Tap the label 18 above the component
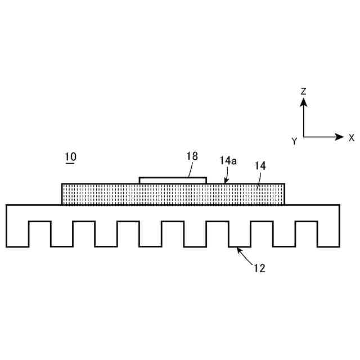click(x=192, y=156)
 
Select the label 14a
click(x=228, y=161)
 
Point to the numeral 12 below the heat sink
click(x=259, y=268)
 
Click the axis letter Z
click(x=303, y=91)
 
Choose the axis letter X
click(x=351, y=137)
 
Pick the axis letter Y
click(x=294, y=141)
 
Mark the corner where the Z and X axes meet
click(x=303, y=137)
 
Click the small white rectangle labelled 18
click(x=173, y=180)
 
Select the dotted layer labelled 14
click(x=112, y=194)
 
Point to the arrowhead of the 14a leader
click(x=226, y=182)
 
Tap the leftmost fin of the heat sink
click(x=17, y=233)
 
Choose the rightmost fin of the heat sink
click(x=328, y=233)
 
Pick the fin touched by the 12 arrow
click(x=240, y=233)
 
